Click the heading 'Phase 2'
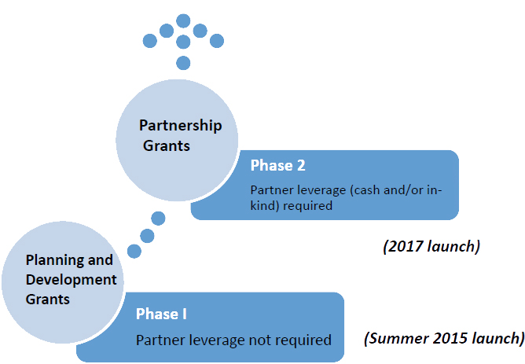coord(278,165)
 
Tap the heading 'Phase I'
coord(161,314)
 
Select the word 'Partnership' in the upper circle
coord(181,126)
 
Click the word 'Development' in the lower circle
coord(71,280)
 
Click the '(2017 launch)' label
coord(431,246)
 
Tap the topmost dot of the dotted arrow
coord(183,20)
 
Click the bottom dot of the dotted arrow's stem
coord(183,63)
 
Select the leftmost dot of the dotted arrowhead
coord(149,41)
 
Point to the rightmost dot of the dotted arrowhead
coord(217,41)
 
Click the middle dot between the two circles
coord(147,236)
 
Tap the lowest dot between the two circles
coord(134,251)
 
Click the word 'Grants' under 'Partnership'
coord(167,146)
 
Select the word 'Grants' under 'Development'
coord(47,299)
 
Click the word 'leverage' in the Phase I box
coord(217,341)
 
